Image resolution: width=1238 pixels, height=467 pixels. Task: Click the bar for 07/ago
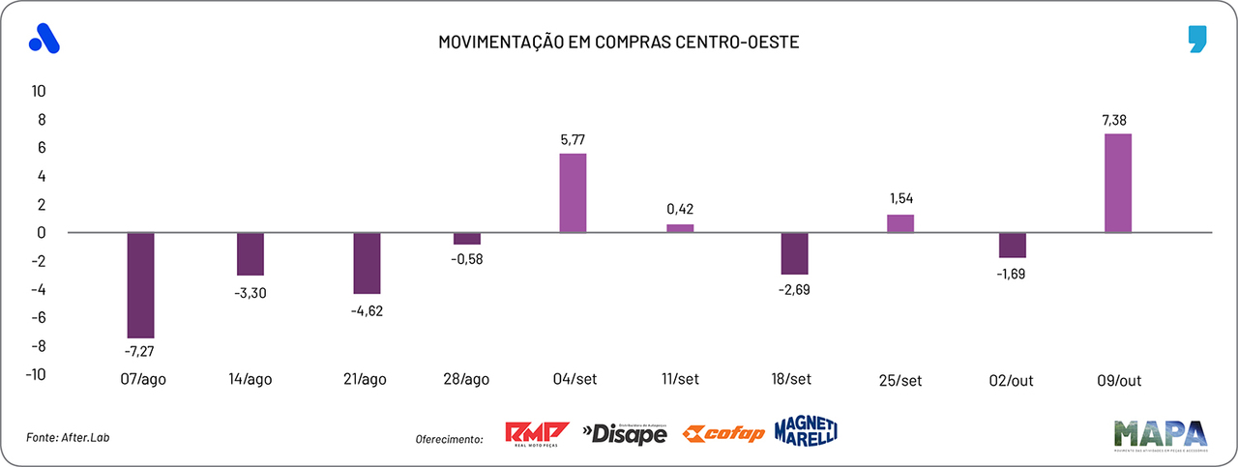pos(140,284)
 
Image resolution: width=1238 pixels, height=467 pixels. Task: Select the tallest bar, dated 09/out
pos(1117,183)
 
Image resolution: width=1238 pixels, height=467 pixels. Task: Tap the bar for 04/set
pos(573,192)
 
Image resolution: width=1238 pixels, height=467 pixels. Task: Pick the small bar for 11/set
pos(680,228)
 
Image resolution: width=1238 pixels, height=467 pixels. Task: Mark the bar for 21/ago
pos(367,262)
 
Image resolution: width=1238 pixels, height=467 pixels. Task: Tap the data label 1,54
pos(899,198)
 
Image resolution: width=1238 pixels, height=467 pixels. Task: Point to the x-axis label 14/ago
pos(250,380)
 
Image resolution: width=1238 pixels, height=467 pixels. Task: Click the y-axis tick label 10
pos(39,91)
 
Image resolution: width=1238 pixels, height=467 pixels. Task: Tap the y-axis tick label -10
pos(36,374)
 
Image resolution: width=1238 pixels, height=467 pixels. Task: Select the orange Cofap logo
pos(722,434)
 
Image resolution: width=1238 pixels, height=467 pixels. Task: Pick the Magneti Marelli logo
pos(805,431)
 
